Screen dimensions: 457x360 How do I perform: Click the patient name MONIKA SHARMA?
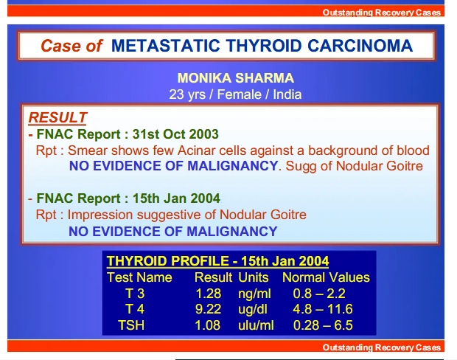tap(235, 78)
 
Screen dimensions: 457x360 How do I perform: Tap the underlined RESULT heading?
tap(57, 117)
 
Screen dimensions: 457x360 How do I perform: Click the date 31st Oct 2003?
tap(175, 134)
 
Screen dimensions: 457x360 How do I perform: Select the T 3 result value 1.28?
tap(208, 293)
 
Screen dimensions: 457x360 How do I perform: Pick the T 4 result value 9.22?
tap(208, 309)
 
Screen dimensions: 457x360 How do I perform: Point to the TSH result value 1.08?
tap(208, 325)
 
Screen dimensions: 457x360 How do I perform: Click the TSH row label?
tap(131, 325)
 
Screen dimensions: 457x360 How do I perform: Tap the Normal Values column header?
tap(326, 277)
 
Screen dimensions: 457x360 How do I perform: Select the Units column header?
tap(254, 277)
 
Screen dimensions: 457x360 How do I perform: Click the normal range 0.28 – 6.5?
tap(323, 325)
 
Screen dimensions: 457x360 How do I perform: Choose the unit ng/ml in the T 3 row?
tap(254, 294)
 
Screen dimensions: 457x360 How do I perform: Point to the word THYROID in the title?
tap(264, 46)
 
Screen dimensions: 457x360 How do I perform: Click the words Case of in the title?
tap(71, 46)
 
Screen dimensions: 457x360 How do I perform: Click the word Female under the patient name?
tap(240, 94)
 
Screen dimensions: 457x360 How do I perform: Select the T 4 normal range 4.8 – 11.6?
tap(323, 309)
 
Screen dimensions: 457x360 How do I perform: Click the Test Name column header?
tap(139, 277)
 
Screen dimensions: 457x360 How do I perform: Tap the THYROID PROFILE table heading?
tap(217, 261)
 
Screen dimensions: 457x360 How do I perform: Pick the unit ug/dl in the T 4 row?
tap(253, 310)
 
